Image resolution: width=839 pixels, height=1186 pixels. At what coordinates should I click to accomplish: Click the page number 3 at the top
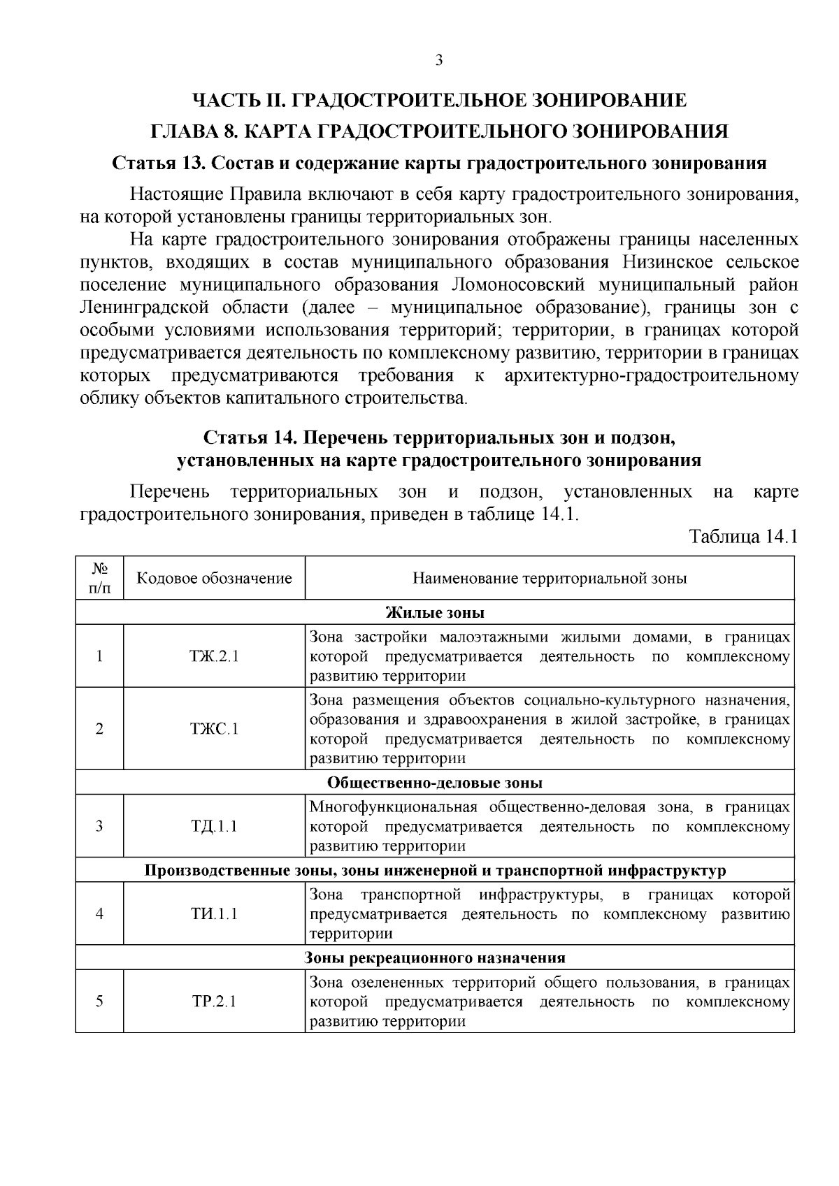pos(439,60)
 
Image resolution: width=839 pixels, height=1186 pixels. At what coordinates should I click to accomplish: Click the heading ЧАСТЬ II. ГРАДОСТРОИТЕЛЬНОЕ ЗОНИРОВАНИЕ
pos(439,100)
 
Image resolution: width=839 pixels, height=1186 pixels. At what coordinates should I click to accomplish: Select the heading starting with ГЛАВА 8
pos(439,131)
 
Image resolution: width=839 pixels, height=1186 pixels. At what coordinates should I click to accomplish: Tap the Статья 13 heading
pos(439,164)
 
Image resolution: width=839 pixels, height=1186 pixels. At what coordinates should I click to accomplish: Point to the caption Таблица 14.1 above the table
pos(743,537)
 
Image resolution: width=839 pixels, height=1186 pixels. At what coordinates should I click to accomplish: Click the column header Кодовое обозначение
pos(214,579)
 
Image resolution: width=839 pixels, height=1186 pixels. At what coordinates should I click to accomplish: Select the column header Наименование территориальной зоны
pos(550,579)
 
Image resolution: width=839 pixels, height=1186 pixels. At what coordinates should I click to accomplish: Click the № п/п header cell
pos(100,579)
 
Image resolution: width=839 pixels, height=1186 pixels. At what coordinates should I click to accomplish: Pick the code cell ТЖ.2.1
pos(214,657)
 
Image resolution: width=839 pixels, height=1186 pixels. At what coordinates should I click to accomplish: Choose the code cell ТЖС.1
pos(214,729)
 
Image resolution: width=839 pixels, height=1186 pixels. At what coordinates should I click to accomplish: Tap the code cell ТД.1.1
pos(214,826)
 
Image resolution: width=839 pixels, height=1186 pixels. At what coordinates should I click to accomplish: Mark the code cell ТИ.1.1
pos(214,913)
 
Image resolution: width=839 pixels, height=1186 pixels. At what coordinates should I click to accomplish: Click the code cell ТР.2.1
pos(214,1001)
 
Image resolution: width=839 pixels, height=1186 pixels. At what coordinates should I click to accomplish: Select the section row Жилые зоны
pos(435,613)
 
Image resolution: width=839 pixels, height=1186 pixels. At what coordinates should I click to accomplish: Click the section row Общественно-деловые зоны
pos(435,783)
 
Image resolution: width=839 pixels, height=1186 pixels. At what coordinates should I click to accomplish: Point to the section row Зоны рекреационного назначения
pos(435,957)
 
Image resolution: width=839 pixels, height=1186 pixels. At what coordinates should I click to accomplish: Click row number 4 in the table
pos(100,913)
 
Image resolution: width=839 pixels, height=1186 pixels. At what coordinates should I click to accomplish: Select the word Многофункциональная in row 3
pos(393,807)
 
